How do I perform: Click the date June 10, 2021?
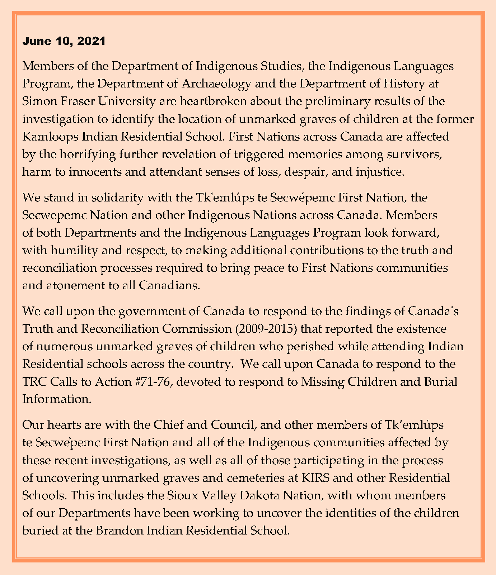(64, 41)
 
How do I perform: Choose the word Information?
(57, 399)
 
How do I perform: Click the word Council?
(231, 425)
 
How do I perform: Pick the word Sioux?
(181, 495)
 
